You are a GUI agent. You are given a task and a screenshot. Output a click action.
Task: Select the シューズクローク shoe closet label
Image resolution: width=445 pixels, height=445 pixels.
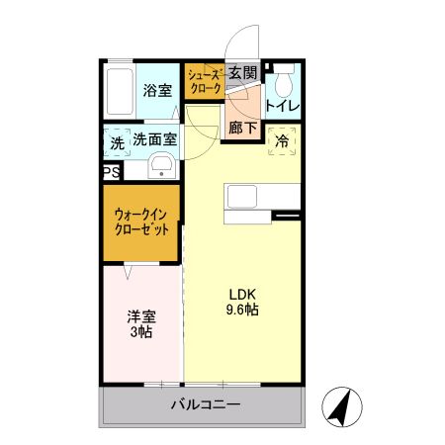click(x=205, y=79)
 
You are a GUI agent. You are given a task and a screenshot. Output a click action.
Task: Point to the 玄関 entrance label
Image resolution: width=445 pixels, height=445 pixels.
click(x=242, y=72)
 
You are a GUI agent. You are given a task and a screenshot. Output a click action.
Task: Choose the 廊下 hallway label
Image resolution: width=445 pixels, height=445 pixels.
click(x=242, y=127)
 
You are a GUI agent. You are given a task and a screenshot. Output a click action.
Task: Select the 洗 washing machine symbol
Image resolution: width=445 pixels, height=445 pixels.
click(x=117, y=143)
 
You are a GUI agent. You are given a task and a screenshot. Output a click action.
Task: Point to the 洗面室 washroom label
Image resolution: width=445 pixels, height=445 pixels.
click(x=155, y=142)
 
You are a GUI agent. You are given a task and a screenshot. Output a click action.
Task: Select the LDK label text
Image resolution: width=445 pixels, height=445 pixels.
click(x=243, y=294)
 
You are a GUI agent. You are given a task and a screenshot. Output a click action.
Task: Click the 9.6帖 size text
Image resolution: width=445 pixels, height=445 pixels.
click(x=243, y=311)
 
